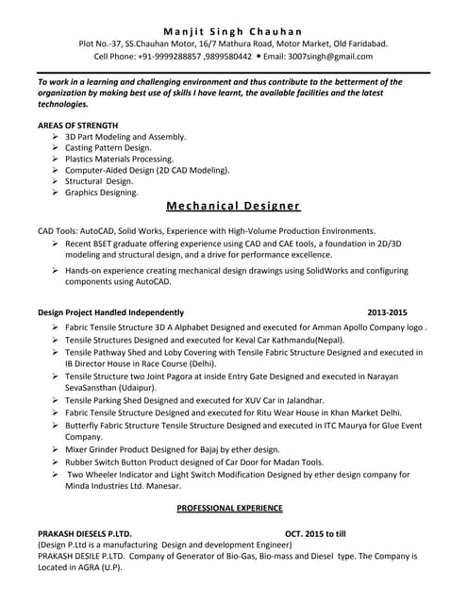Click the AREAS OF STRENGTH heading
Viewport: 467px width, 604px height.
pos(78,125)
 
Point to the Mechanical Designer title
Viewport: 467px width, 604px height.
pos(233,206)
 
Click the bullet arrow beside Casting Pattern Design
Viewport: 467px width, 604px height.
pos(57,148)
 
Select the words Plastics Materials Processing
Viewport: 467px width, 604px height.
pos(119,159)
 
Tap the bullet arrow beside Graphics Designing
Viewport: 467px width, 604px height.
pos(57,193)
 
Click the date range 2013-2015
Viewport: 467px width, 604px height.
pos(387,311)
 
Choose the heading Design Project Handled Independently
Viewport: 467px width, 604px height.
pos(110,311)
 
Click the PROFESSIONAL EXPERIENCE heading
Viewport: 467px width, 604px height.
pos(233,509)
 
